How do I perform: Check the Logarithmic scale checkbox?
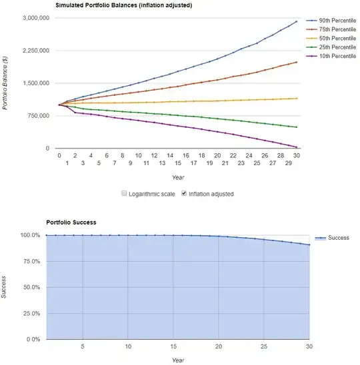point(124,194)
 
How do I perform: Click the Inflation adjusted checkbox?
point(185,194)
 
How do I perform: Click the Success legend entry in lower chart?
point(337,238)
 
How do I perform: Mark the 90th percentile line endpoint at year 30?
point(297,21)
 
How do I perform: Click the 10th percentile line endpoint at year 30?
point(297,147)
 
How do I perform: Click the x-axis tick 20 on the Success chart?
point(218,347)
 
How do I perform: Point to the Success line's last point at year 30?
point(309,245)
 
